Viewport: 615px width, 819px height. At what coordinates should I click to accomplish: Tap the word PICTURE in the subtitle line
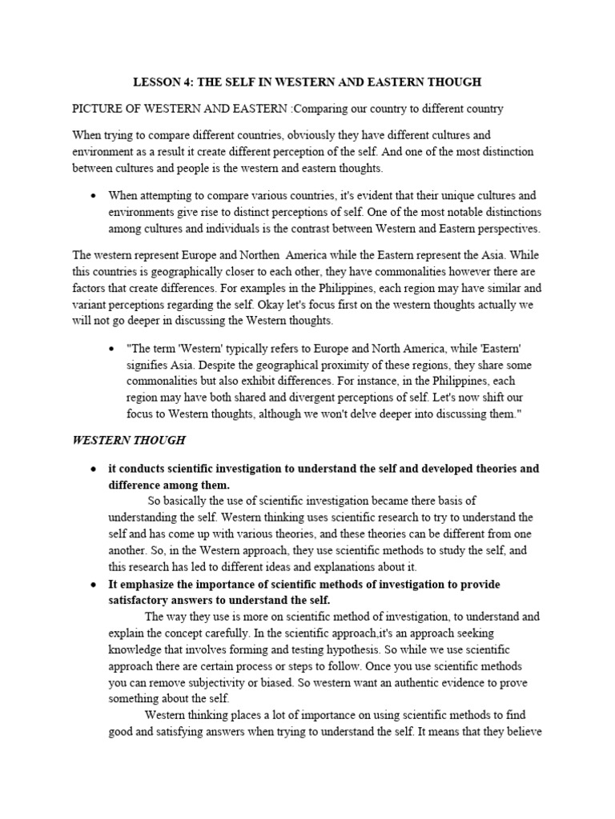[98, 108]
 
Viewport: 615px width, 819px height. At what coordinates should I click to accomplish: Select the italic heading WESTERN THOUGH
[129, 440]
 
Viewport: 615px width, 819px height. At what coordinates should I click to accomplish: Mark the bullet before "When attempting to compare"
[94, 195]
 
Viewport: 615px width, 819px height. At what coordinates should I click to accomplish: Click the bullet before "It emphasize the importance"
[94, 585]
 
